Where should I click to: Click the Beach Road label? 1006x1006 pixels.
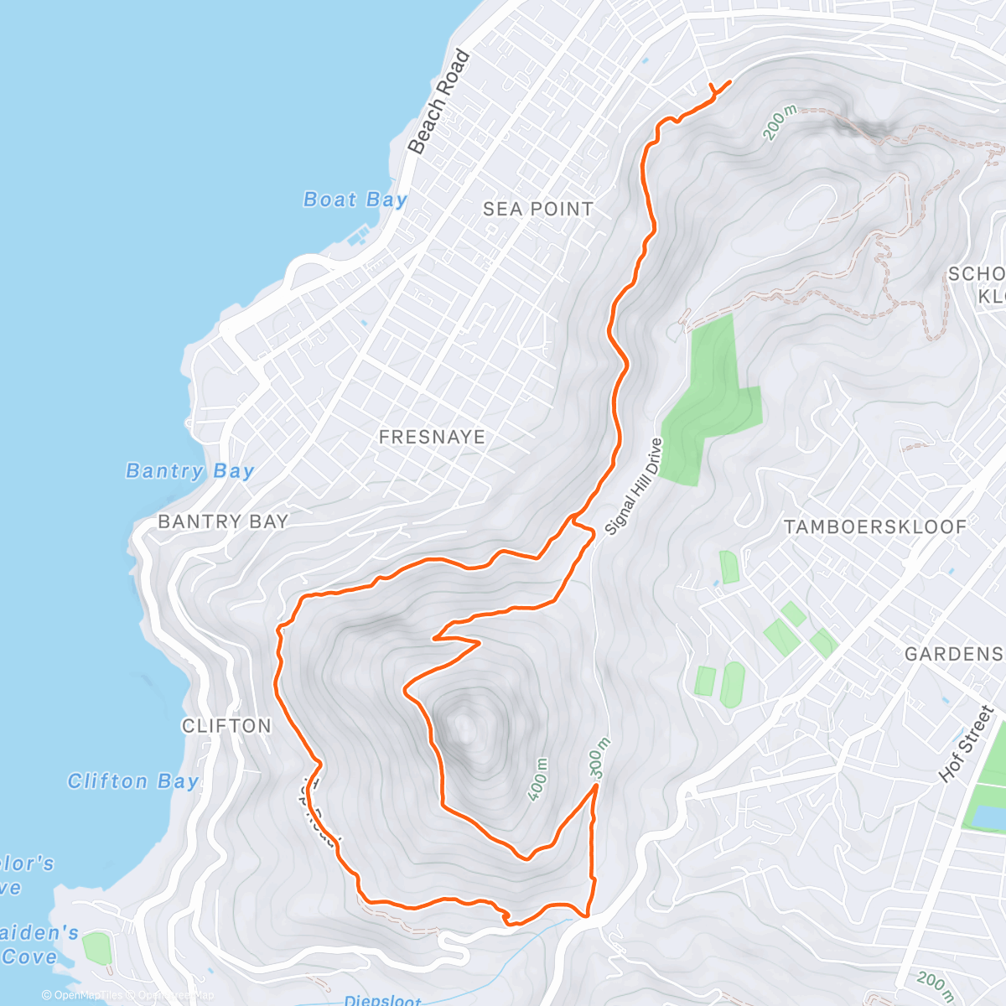coord(439,102)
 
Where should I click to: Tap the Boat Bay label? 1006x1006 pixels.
coord(355,200)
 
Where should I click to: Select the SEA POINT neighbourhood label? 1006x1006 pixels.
coord(538,210)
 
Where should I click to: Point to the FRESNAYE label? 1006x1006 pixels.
coord(432,437)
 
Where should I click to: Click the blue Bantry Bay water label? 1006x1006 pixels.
coord(189,471)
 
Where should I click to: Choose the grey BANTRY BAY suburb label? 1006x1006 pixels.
coord(223,521)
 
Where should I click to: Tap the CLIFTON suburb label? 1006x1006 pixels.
coord(226,726)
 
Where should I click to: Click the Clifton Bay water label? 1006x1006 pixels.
coord(133,781)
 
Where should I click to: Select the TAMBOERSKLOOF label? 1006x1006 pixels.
coord(875,527)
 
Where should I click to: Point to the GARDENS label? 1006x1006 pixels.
coord(953,654)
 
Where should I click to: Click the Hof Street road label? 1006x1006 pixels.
coord(967,744)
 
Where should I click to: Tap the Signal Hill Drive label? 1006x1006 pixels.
coord(634,486)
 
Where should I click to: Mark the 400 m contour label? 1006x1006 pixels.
coord(539,780)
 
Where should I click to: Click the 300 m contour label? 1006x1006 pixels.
coord(596,759)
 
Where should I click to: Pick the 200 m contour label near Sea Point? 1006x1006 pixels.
coord(780,122)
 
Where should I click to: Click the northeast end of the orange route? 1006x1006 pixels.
coord(729,81)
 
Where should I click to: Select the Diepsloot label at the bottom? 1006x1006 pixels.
coord(382,1000)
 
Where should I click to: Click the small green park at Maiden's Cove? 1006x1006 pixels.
coord(97,948)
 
